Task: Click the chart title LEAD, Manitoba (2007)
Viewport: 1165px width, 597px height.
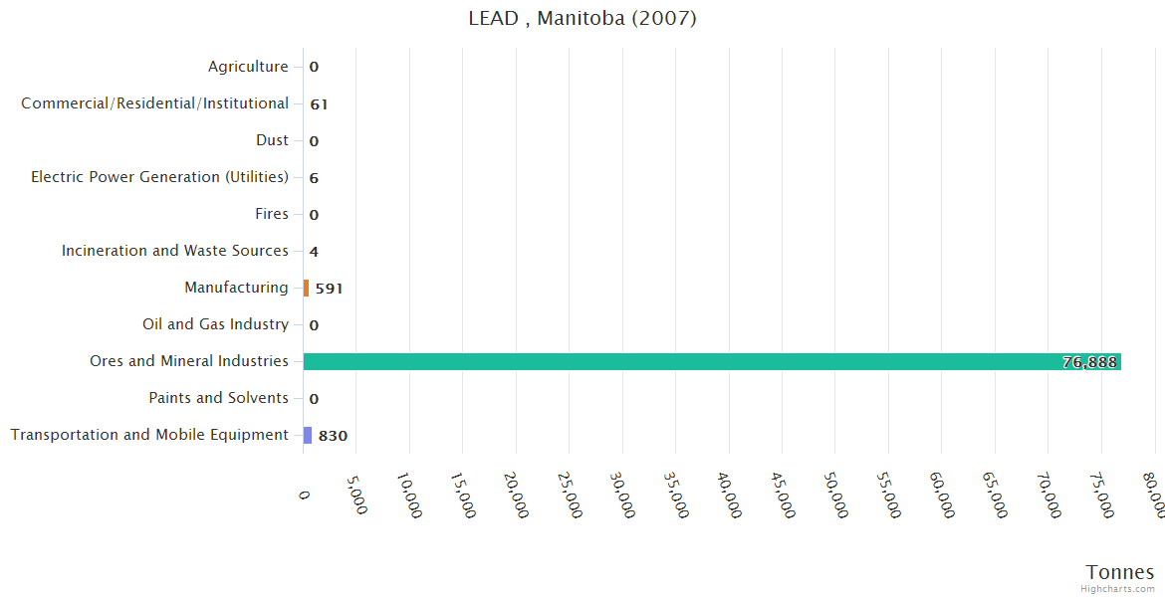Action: [582, 19]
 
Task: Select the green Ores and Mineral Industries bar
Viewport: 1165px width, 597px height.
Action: [712, 362]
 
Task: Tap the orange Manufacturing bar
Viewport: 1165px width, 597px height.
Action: [307, 289]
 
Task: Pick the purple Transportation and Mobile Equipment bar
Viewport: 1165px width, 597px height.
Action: [308, 435]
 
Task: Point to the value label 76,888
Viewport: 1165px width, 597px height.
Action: [1089, 362]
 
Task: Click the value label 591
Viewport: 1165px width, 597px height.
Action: [329, 289]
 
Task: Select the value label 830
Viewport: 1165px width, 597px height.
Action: [333, 436]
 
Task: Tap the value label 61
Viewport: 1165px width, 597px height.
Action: [319, 104]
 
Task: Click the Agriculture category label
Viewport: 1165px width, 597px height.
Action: [248, 67]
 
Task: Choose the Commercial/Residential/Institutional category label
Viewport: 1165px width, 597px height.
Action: [155, 103]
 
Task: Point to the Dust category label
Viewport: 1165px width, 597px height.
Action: [272, 140]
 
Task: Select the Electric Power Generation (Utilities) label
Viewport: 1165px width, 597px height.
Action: [159, 177]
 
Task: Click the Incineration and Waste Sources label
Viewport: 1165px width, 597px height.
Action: [175, 251]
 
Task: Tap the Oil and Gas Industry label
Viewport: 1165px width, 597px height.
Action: [215, 324]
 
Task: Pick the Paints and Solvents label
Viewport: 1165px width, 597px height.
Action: [218, 398]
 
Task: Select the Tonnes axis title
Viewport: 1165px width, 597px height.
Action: [1119, 572]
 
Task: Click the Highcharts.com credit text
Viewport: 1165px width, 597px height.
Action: [1117, 589]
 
